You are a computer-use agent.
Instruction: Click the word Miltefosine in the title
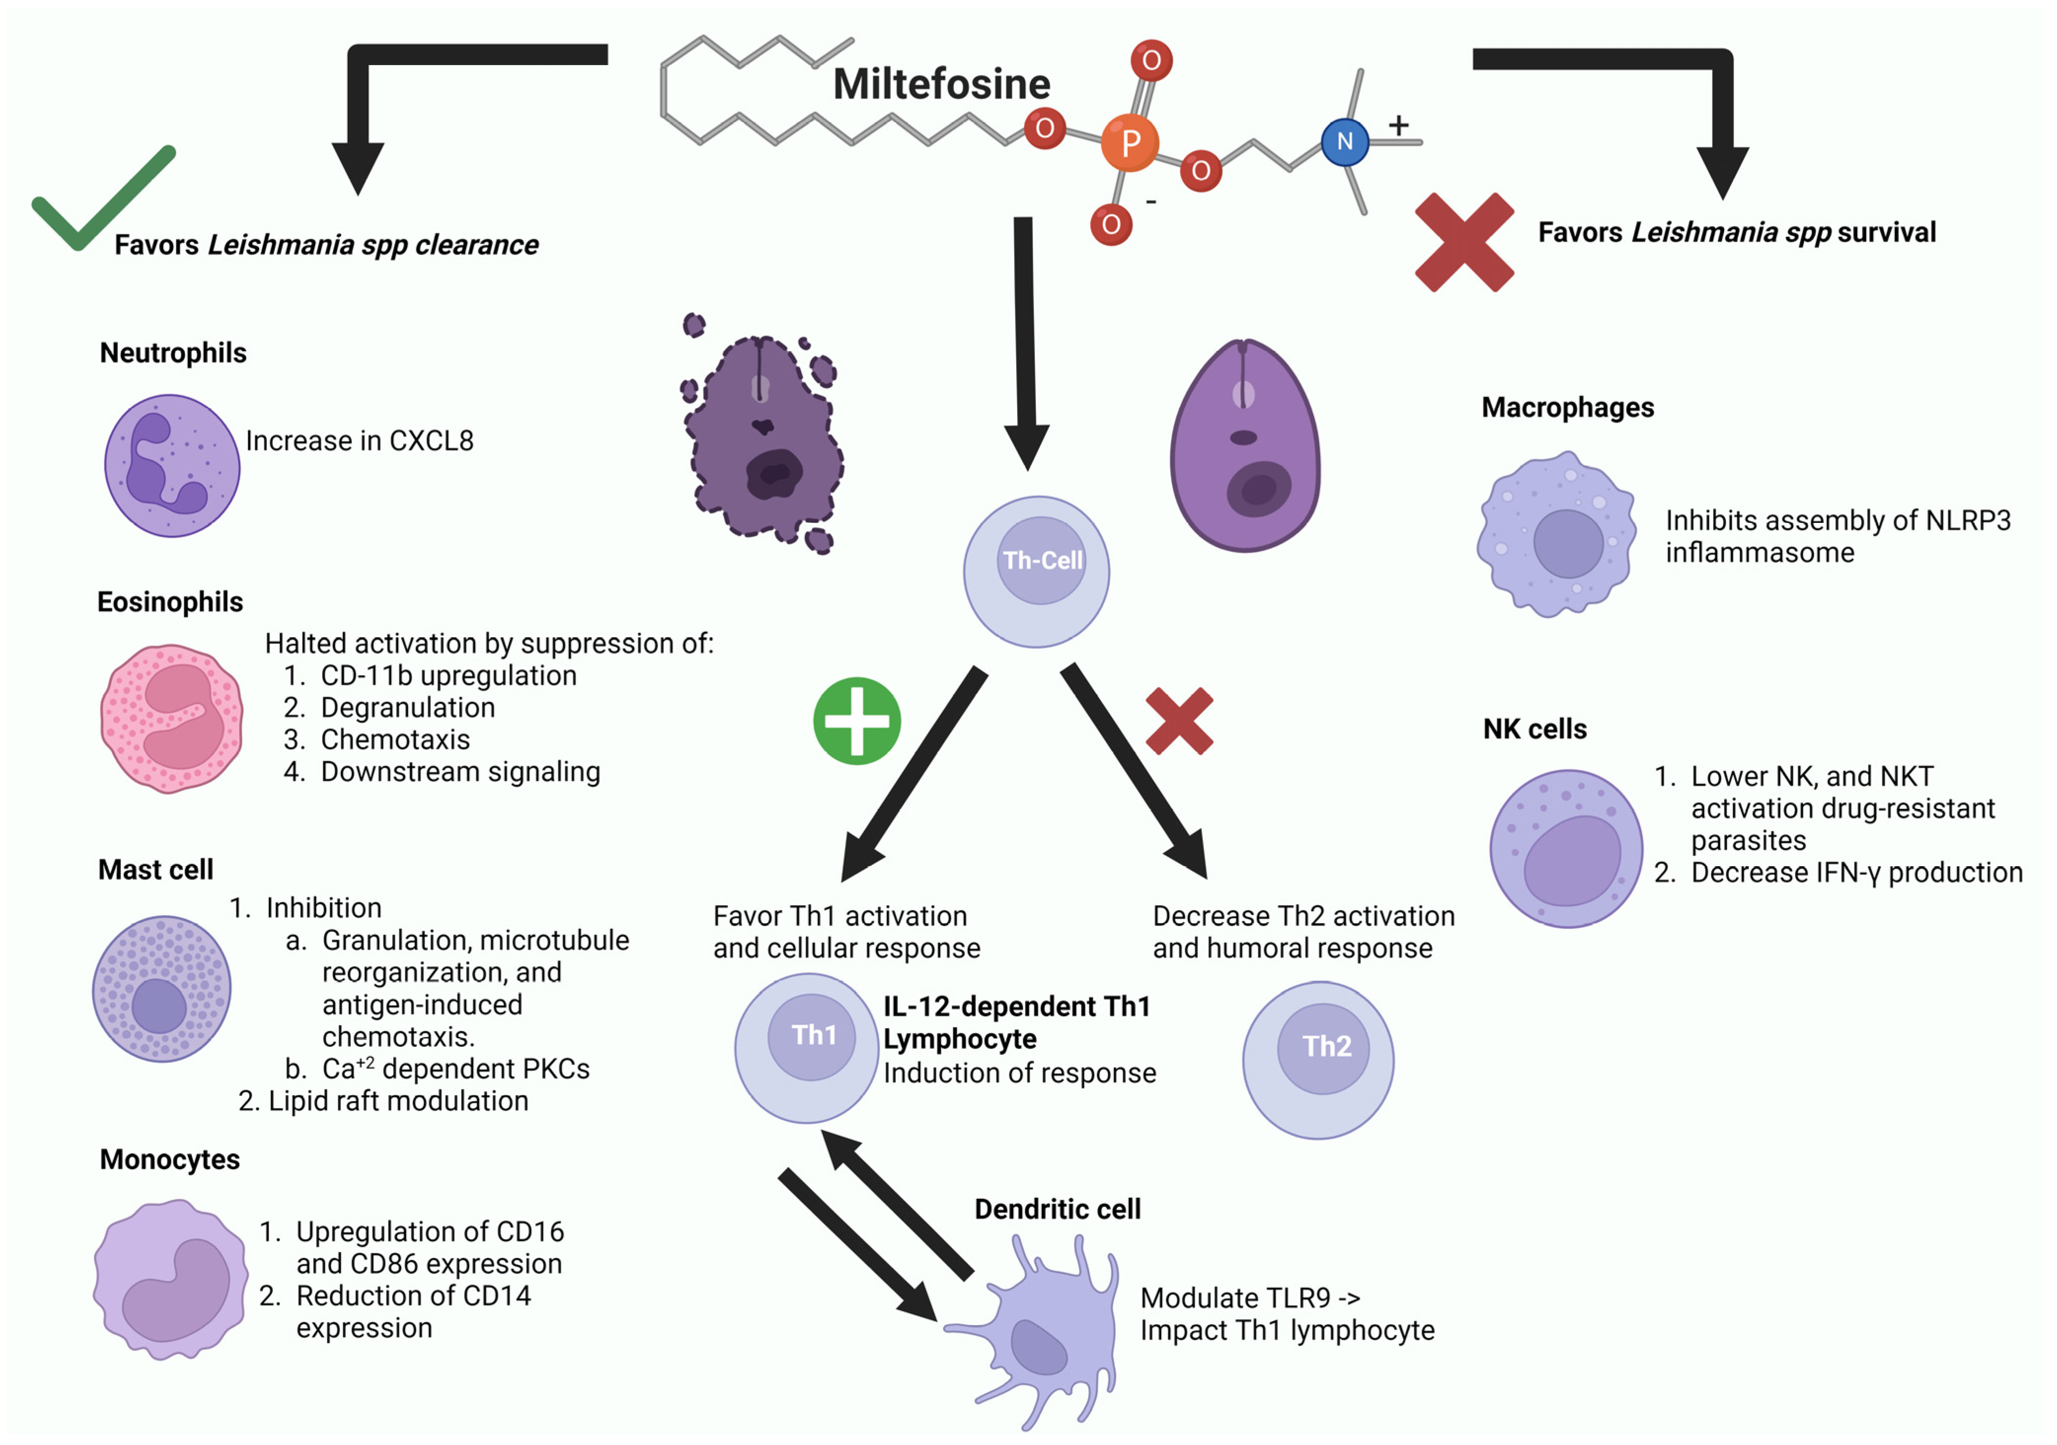pos(941,84)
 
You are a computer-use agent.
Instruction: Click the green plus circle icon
pos(856,721)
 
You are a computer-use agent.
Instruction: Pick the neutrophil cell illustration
pos(172,466)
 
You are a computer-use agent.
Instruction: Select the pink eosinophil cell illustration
pos(171,718)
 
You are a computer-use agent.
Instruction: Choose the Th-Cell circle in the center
pos(1036,572)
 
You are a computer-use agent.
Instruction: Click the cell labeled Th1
pos(807,1048)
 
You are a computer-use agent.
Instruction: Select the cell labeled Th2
pos(1318,1060)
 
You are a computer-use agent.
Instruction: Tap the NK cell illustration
pos(1566,849)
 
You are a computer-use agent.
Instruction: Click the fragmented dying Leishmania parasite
pos(763,439)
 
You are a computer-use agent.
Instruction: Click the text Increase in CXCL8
pos(359,441)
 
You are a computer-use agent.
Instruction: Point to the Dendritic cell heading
pos(1057,1209)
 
